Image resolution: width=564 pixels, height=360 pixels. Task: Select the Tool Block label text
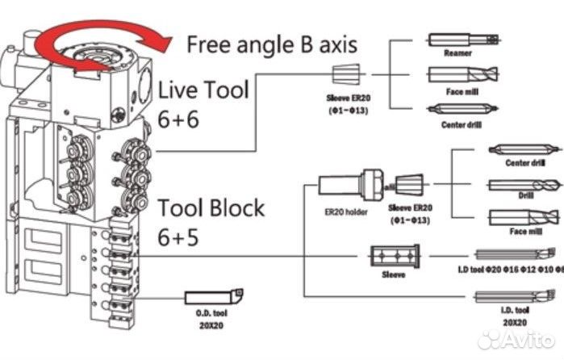pos(211,208)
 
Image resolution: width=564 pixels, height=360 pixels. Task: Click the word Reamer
pos(457,52)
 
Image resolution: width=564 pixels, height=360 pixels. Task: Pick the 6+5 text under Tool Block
pos(178,238)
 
